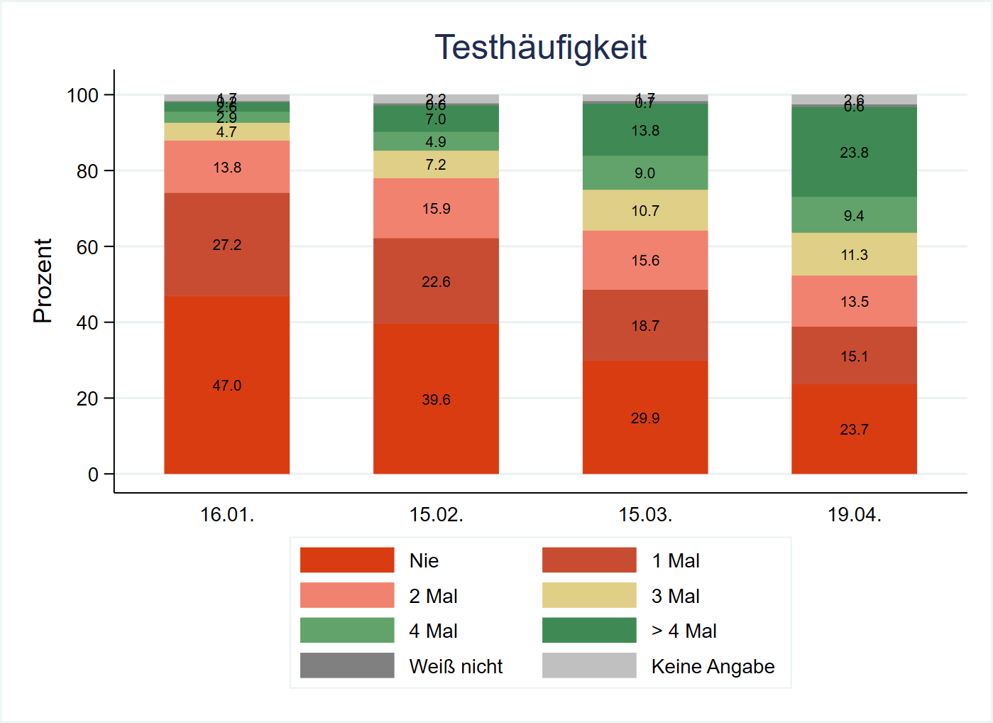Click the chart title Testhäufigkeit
(x=540, y=48)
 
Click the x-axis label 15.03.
(x=645, y=515)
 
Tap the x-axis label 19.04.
(x=854, y=515)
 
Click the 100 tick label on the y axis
(x=82, y=95)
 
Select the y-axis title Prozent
(x=43, y=281)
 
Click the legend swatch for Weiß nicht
(x=347, y=665)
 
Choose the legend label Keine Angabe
(x=713, y=667)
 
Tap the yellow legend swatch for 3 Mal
(x=589, y=595)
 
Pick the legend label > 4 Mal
(x=684, y=631)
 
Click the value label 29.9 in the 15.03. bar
(x=645, y=418)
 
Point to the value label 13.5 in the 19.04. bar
(x=854, y=302)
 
